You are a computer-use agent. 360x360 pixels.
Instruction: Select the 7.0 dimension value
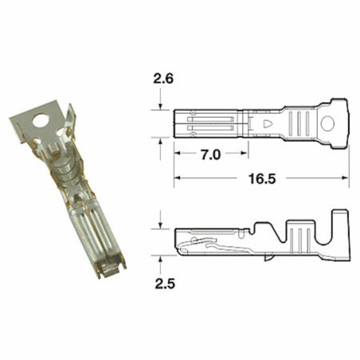(209, 155)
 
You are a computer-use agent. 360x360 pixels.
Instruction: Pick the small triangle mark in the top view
(268, 123)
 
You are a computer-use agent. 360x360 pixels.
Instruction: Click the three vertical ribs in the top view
(299, 123)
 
